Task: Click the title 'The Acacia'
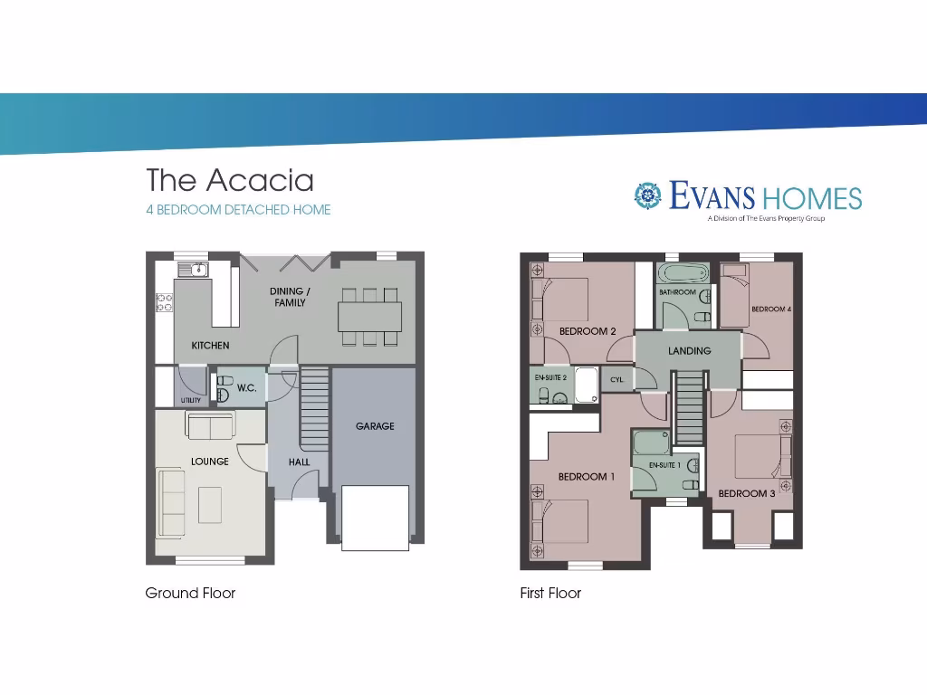230,180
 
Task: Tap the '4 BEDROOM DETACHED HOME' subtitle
239,210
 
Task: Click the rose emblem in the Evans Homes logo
646,195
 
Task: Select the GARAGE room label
375,426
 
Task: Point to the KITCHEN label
210,346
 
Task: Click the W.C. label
247,388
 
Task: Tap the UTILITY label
190,400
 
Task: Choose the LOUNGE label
210,462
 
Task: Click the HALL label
299,462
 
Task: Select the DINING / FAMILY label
290,297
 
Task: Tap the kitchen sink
193,270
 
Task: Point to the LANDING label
689,351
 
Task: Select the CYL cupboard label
616,380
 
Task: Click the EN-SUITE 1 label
665,465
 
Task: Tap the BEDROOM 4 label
771,309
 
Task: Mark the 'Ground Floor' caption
190,594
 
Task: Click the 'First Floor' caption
550,594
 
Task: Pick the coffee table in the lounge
210,504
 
